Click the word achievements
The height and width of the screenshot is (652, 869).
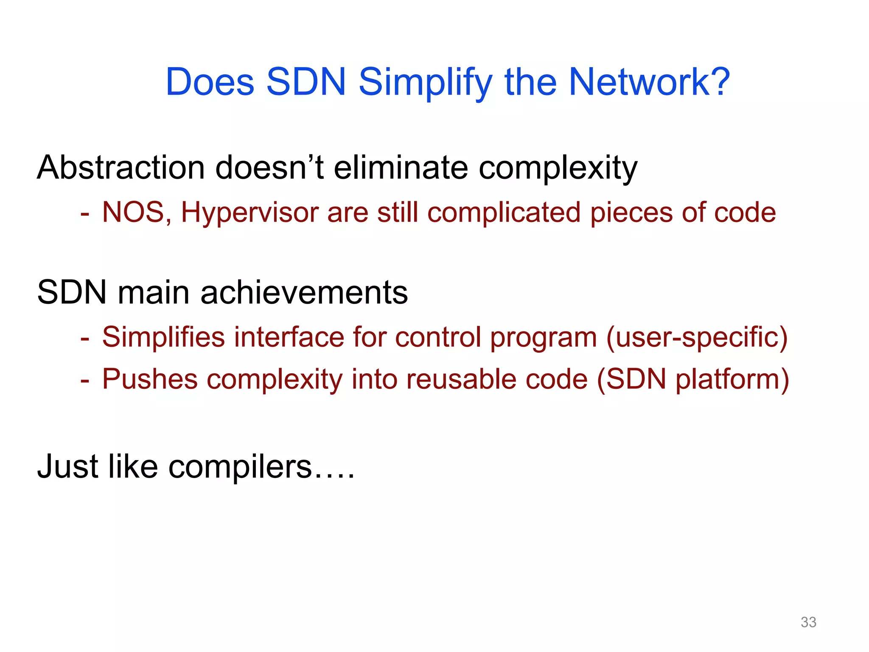click(304, 293)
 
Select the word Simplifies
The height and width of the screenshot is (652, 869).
click(163, 337)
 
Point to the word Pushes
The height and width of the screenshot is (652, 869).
click(149, 379)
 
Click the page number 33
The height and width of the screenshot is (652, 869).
click(808, 622)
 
